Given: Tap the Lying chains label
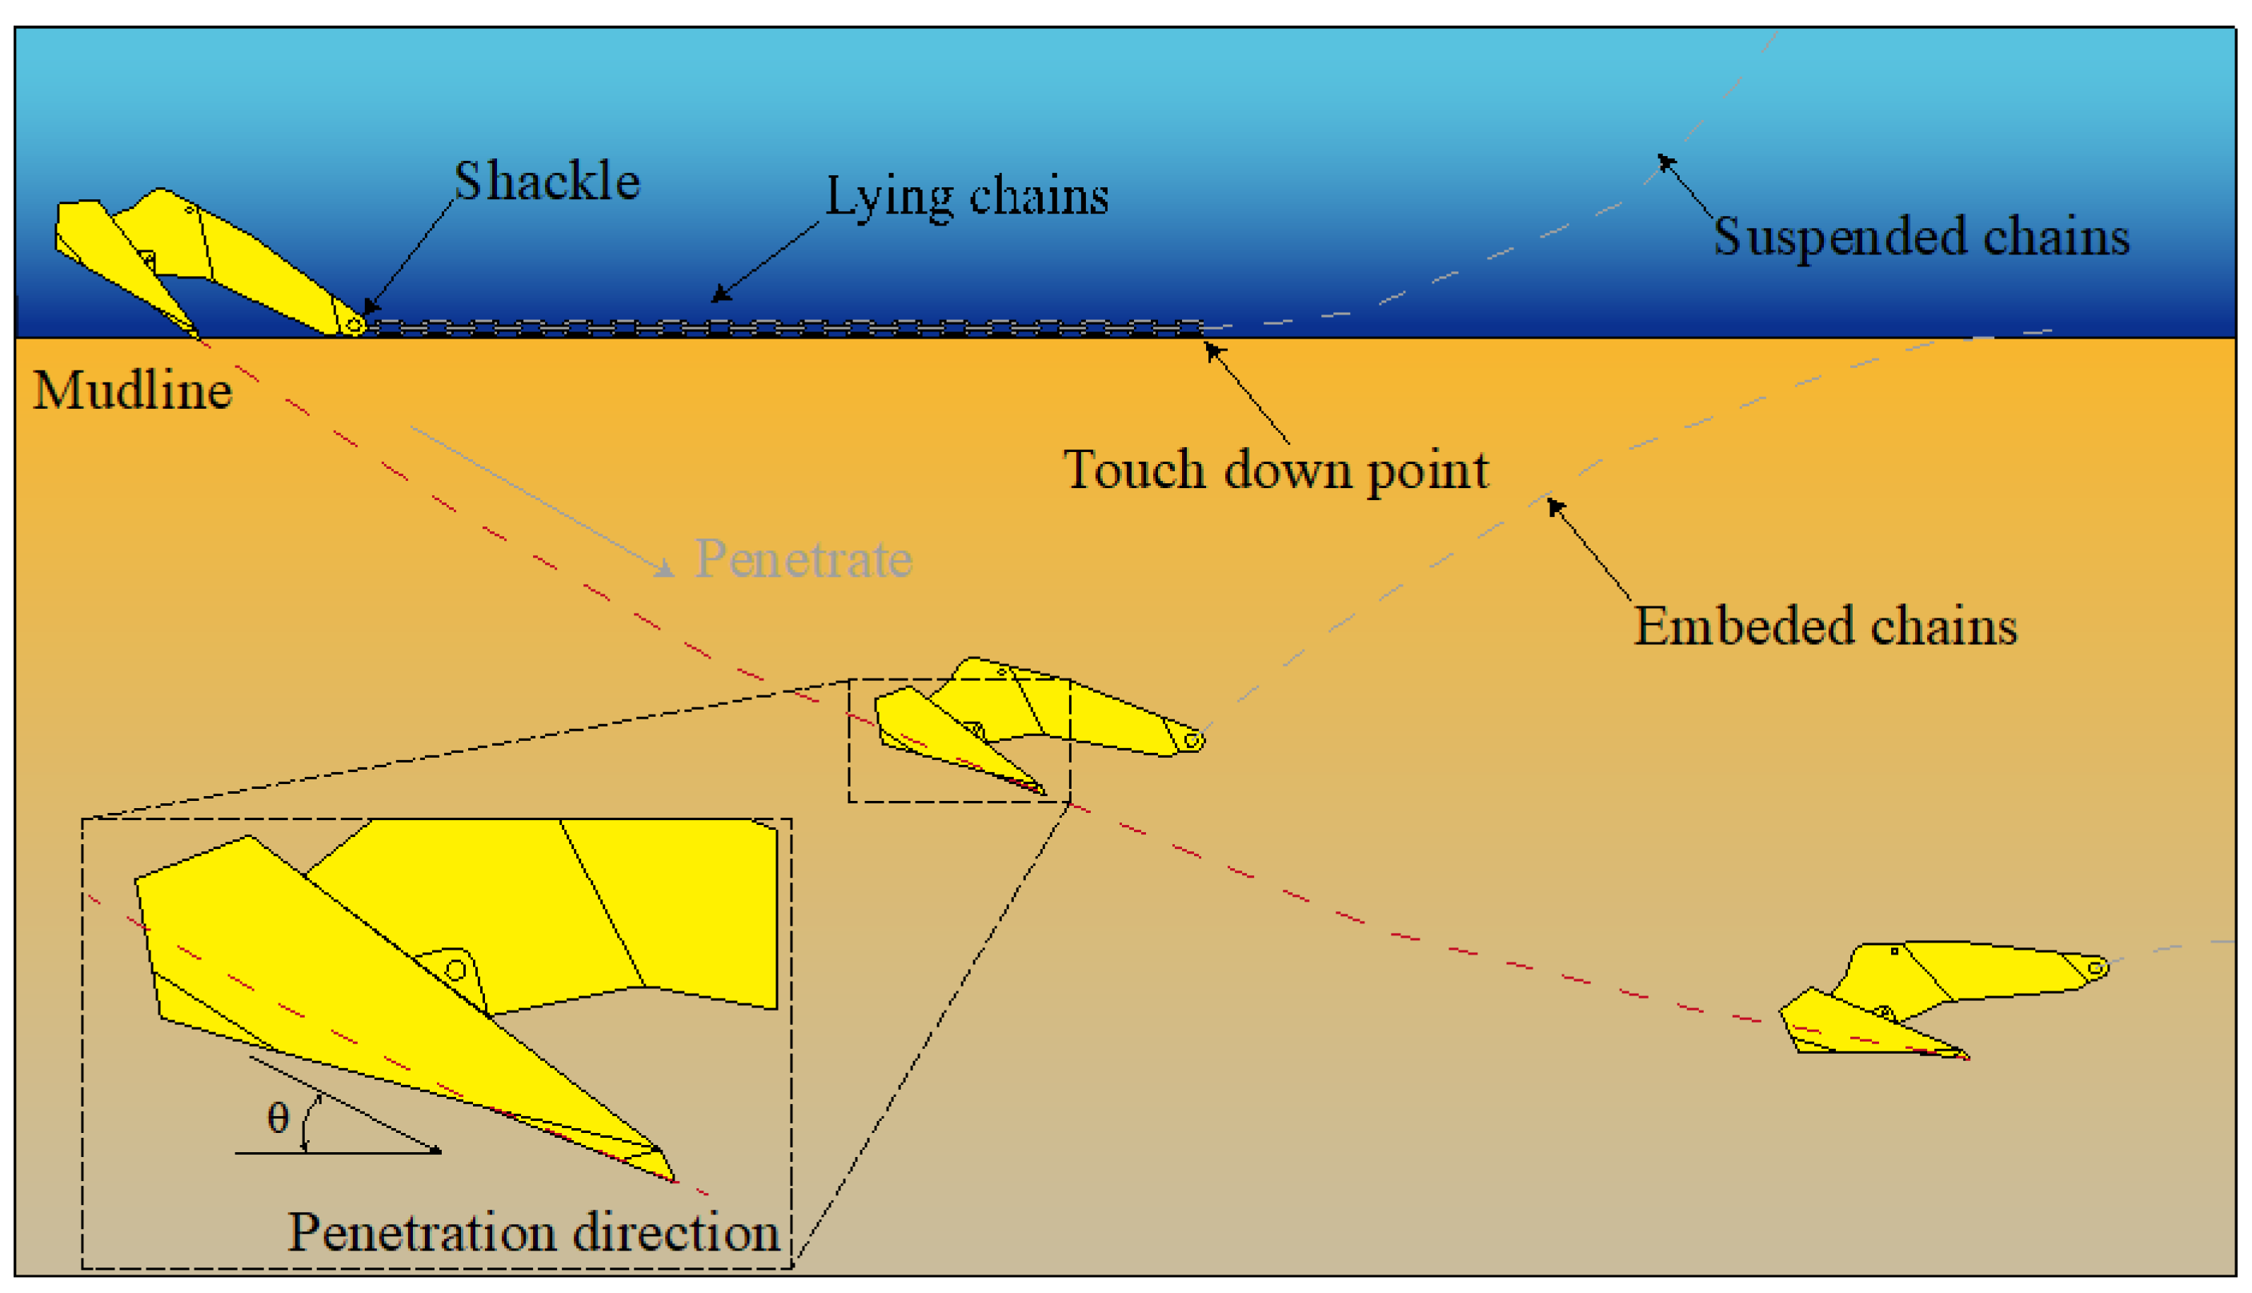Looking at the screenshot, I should tap(966, 196).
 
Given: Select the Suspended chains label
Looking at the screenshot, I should tap(1921, 237).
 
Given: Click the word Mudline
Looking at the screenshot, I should tap(132, 390).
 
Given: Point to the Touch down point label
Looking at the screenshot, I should tap(1275, 470).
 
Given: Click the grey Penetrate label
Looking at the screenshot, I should tap(803, 559).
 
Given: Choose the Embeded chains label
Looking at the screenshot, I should tap(1825, 626).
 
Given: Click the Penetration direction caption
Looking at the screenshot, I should tap(534, 1233).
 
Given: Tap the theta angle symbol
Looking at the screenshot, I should tap(278, 1118).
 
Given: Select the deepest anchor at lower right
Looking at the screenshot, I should tap(1936, 995).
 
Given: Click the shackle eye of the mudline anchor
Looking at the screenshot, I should tap(354, 326).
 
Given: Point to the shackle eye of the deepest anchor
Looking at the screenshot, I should tap(2095, 968).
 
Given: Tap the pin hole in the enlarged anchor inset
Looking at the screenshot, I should tap(455, 970).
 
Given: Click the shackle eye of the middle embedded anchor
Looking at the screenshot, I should tap(1192, 740).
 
